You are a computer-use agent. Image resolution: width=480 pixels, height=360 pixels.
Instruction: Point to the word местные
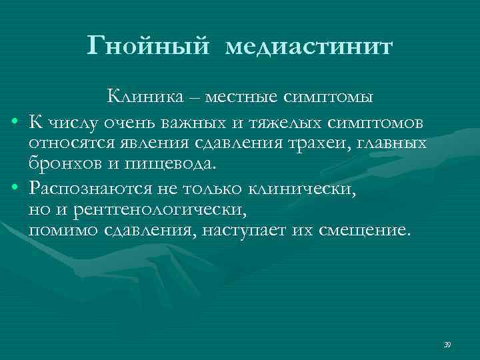point(243,97)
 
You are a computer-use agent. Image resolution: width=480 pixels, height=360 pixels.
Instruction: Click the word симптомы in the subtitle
point(331,97)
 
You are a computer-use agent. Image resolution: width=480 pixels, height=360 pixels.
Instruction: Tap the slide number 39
point(447,343)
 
